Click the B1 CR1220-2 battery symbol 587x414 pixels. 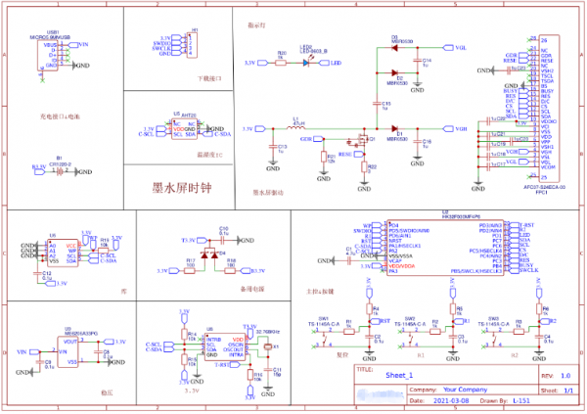point(60,170)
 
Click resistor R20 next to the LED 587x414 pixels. point(282,63)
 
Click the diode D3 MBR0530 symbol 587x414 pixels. point(396,47)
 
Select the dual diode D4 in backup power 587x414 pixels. point(206,255)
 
